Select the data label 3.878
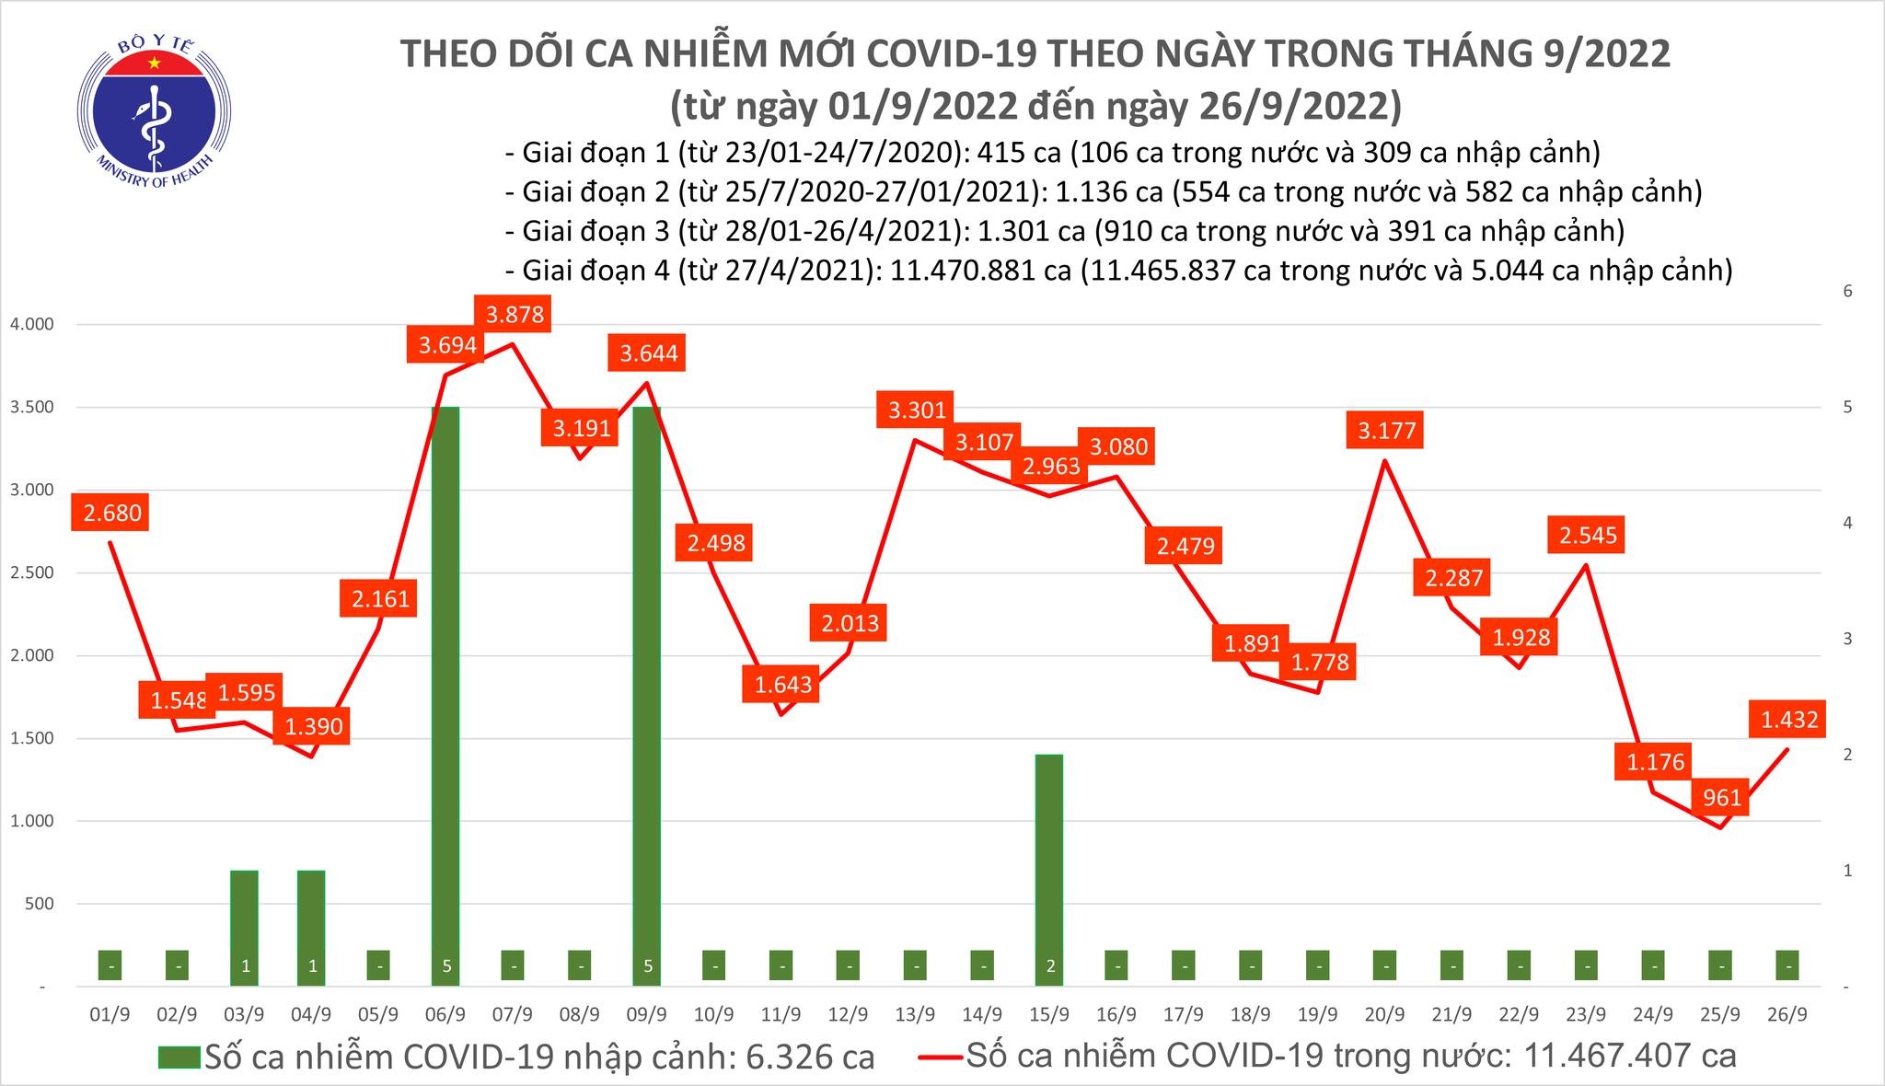click(515, 315)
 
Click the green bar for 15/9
click(1049, 865)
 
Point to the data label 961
click(1721, 797)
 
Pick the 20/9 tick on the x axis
click(1384, 1014)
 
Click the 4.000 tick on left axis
click(31, 324)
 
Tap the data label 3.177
click(1386, 431)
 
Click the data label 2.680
click(112, 513)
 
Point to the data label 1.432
click(1789, 719)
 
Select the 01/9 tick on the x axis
click(110, 1014)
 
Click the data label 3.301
click(917, 410)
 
